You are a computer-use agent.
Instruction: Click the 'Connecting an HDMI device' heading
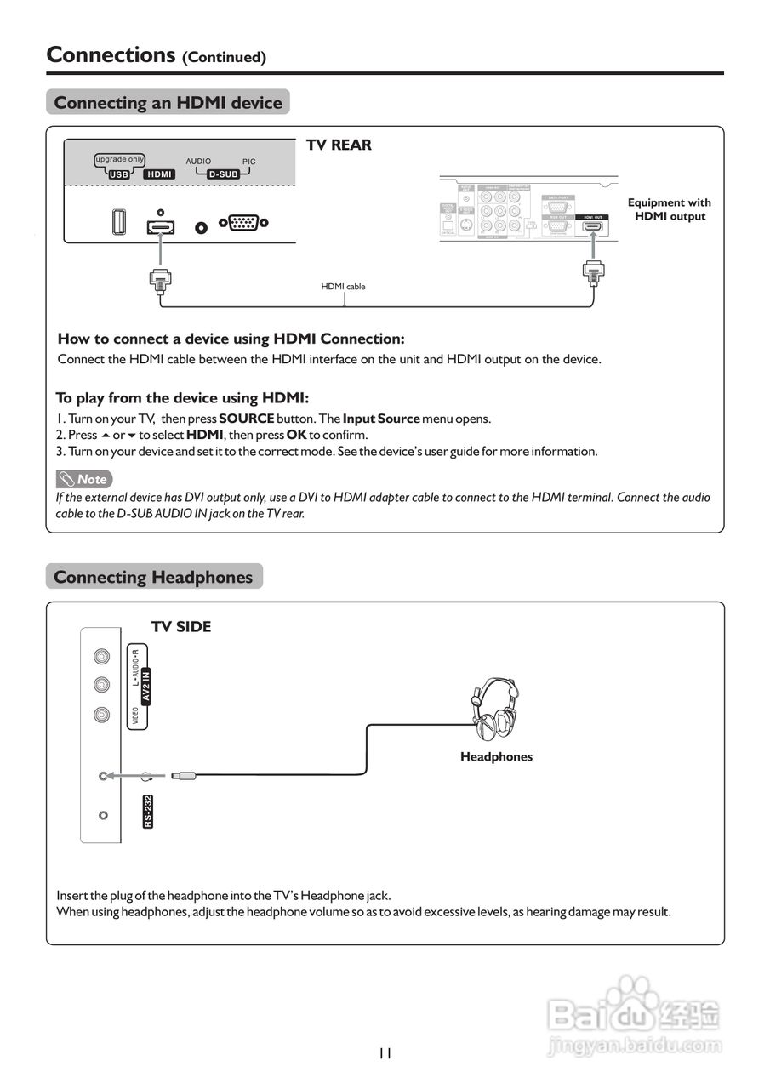(x=168, y=103)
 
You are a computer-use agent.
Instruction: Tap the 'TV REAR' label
(x=339, y=145)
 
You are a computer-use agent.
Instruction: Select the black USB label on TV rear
(x=118, y=174)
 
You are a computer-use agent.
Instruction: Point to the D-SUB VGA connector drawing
(x=244, y=224)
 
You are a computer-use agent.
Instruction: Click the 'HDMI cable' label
(x=343, y=287)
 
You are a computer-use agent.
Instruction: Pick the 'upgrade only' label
(x=119, y=160)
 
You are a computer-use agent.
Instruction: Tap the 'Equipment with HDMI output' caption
(x=669, y=209)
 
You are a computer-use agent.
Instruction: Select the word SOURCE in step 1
(x=247, y=419)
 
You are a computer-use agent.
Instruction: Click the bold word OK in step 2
(x=296, y=435)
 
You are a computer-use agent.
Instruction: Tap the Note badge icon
(x=84, y=479)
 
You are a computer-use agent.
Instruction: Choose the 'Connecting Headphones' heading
(x=153, y=577)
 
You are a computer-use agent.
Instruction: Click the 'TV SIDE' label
(x=181, y=627)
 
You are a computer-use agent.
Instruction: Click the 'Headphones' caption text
(x=496, y=756)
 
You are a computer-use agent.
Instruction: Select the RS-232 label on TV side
(x=148, y=812)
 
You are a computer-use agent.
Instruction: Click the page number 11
(x=385, y=1053)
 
